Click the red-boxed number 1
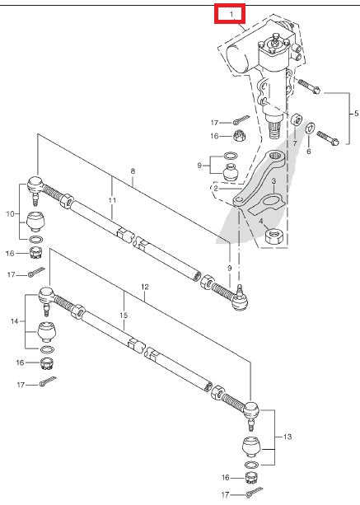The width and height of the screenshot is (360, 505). (x=231, y=14)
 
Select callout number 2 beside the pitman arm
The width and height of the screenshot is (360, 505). (x=215, y=188)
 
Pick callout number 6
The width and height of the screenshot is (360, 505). (x=308, y=152)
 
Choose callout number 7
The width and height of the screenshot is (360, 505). (x=294, y=143)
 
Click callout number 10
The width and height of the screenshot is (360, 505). (x=9, y=214)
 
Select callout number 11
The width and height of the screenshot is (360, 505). (x=112, y=199)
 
